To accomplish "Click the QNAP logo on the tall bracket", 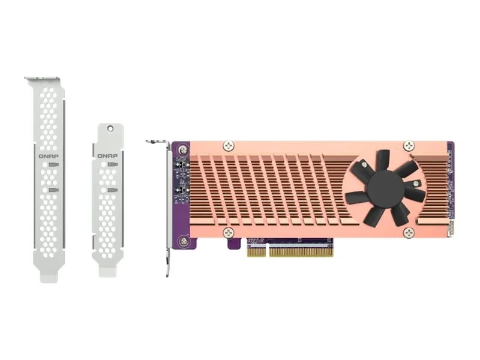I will [48, 155].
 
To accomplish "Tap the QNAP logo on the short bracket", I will [107, 155].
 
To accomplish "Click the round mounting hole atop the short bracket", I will [110, 128].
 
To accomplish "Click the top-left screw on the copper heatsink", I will [228, 145].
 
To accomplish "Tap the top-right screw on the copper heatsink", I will [409, 145].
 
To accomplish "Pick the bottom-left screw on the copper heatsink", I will [228, 233].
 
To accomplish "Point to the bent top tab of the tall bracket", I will [43, 79].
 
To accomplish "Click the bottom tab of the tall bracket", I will [48, 275].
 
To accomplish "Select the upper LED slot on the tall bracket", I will [54, 164].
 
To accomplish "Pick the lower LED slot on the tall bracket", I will [54, 190].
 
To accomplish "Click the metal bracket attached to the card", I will [165, 204].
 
